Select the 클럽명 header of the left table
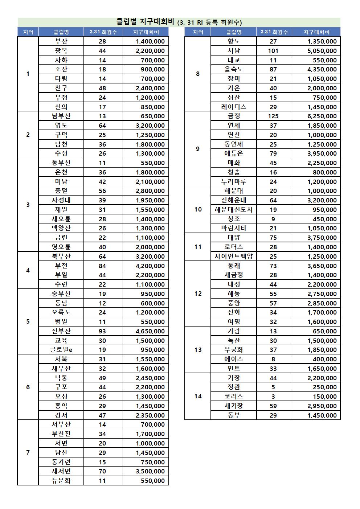tap(61, 32)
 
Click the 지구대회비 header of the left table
tap(146, 32)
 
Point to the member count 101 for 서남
tap(273, 51)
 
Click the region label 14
tap(198, 396)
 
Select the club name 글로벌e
tap(61, 350)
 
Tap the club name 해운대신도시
tap(234, 210)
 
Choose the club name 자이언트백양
tap(234, 256)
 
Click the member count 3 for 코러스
tap(273, 397)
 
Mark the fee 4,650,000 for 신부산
tap(150, 331)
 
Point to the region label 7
tap(28, 452)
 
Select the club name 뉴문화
tap(61, 481)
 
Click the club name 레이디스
tap(234, 107)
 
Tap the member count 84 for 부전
tap(102, 266)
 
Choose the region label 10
tap(198, 209)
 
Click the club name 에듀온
tap(234, 153)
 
